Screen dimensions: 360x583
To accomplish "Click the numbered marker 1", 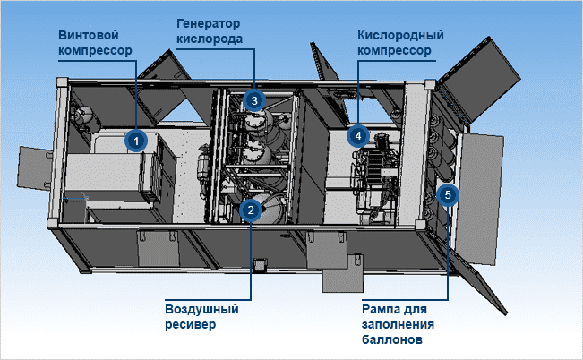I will (x=135, y=141).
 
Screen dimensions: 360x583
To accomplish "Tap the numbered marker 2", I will (x=251, y=210).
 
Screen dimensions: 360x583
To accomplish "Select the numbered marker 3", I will (x=254, y=101).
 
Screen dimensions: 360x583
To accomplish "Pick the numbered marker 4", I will (x=357, y=136).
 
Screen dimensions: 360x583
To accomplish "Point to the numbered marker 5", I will (x=449, y=193).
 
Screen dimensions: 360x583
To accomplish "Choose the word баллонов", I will (x=392, y=340).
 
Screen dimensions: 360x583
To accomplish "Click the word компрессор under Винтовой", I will (x=94, y=50).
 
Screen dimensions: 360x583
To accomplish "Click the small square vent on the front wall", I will (x=261, y=264).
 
